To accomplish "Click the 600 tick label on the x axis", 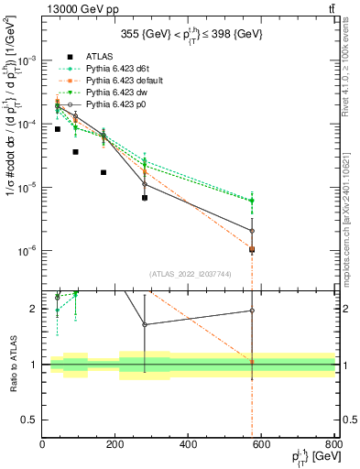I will tap(262, 446).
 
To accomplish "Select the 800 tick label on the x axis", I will tap(335, 446).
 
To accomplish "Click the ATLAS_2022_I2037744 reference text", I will tap(189, 273).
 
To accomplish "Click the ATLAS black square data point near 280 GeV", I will tap(145, 197).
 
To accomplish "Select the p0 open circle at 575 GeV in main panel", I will tap(252, 230).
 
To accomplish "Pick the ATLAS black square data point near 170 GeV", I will tap(104, 172).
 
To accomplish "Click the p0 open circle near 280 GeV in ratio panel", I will tap(145, 324).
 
